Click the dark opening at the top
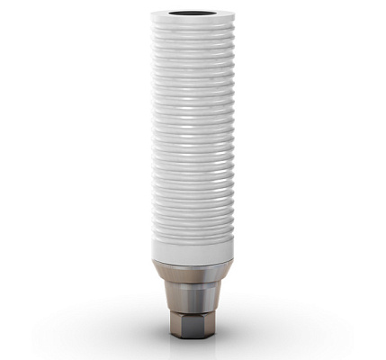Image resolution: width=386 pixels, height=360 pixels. click(x=193, y=14)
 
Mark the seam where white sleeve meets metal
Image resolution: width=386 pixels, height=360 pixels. click(x=193, y=262)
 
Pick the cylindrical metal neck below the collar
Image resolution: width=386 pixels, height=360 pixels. click(x=193, y=297)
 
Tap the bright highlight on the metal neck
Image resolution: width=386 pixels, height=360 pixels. click(x=183, y=297)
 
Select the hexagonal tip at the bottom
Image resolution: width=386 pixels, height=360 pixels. click(x=193, y=328)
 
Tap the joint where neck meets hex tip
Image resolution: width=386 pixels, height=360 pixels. click(x=193, y=313)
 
